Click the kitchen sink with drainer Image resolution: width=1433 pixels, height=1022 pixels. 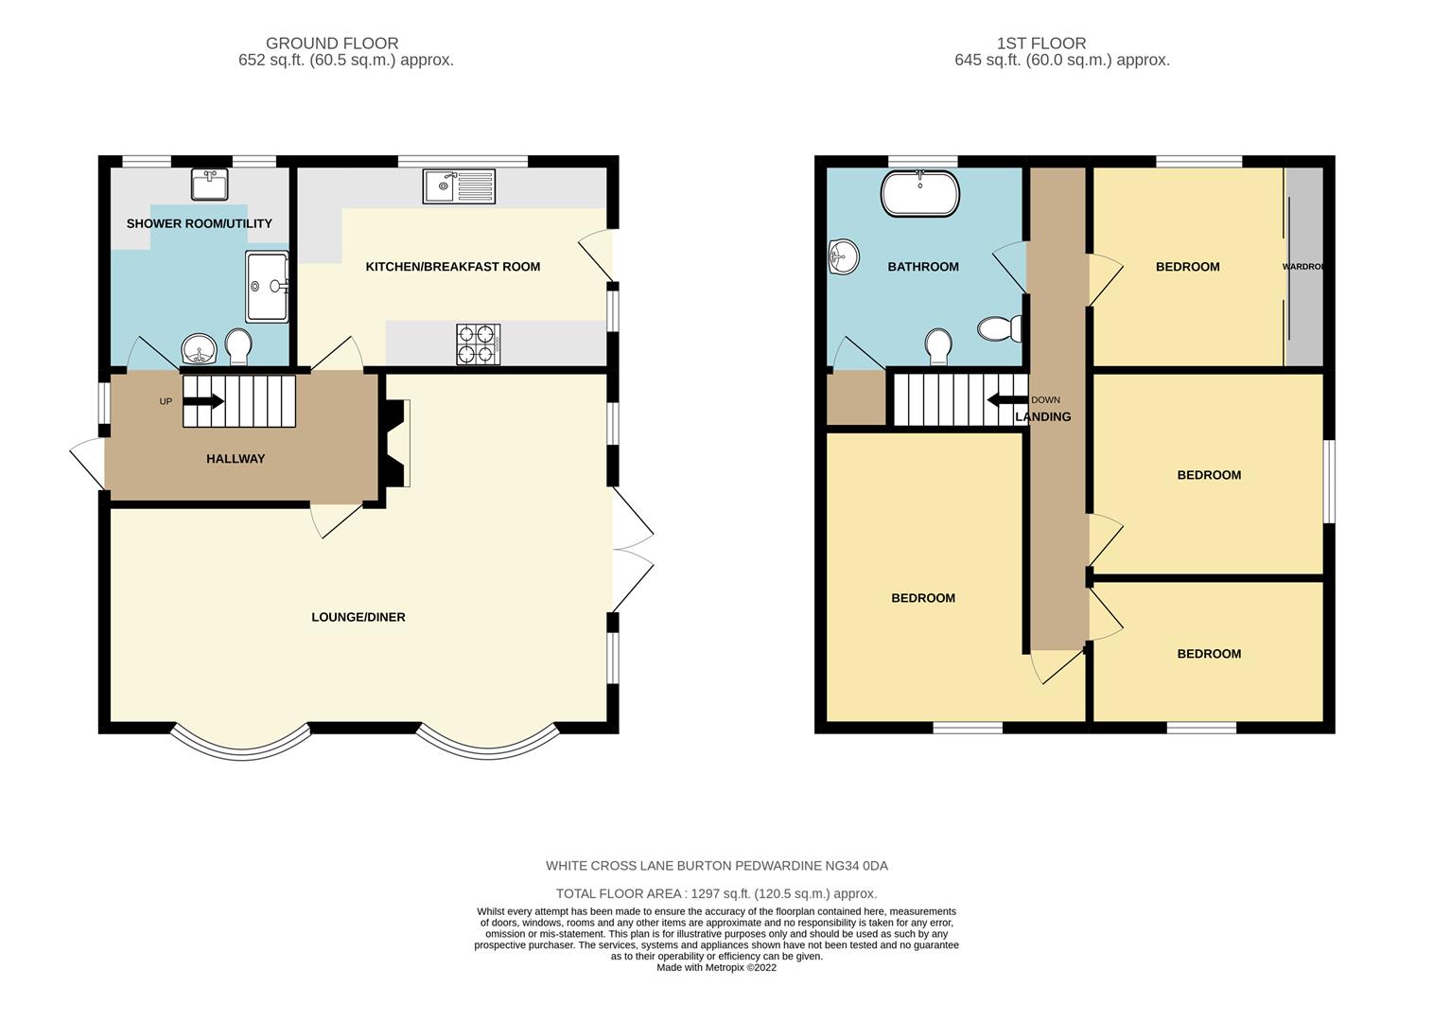[459, 185]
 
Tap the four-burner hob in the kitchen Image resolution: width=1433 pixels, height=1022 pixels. [478, 344]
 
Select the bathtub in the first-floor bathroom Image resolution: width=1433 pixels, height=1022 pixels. [919, 194]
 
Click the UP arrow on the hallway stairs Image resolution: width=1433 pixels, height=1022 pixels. [202, 401]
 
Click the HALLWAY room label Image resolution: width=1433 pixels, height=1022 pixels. [236, 459]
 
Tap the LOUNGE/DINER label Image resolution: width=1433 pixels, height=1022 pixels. [358, 617]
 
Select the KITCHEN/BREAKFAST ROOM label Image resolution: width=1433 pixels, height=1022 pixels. [452, 267]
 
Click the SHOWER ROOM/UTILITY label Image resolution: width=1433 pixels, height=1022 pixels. [200, 223]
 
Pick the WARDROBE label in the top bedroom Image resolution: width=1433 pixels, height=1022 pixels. [1302, 267]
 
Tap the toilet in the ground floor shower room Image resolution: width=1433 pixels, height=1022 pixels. [237, 346]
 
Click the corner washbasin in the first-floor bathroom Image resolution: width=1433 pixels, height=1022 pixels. [842, 256]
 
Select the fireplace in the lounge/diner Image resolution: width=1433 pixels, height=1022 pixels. [397, 443]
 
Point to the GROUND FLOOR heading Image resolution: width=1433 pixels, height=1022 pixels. [331, 44]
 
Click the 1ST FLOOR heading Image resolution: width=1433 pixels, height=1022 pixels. [1040, 44]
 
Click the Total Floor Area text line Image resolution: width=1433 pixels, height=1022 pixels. [716, 893]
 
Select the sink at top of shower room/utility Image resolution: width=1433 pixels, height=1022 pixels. [208, 185]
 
